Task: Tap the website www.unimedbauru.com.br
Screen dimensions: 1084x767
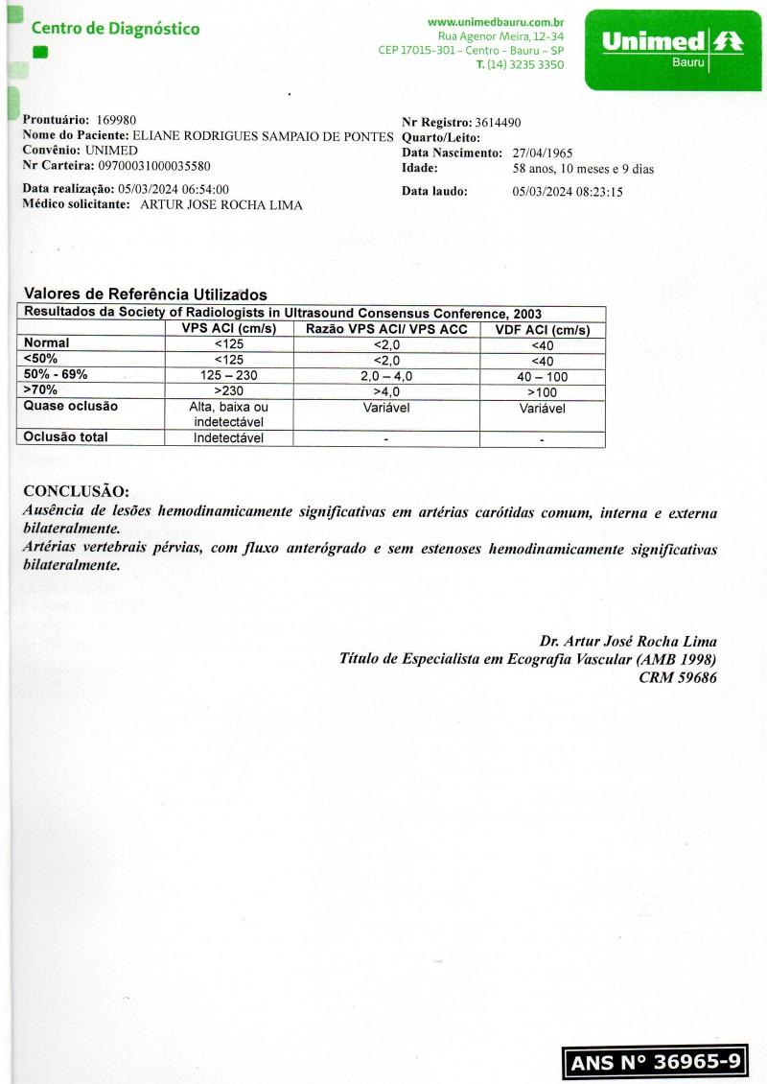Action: click(x=496, y=21)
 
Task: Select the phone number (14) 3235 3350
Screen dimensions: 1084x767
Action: click(x=525, y=64)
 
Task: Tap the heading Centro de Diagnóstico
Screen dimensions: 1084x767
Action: click(x=116, y=29)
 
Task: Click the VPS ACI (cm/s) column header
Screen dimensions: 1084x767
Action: click(x=229, y=329)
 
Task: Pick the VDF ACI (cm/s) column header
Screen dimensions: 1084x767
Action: click(x=542, y=330)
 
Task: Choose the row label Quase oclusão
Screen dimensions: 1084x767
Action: click(x=71, y=406)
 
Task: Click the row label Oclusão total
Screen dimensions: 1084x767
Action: click(x=66, y=437)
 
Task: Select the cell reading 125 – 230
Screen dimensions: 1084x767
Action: click(x=229, y=376)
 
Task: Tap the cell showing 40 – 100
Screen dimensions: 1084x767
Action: click(x=542, y=377)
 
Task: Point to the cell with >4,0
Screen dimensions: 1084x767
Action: click(x=385, y=391)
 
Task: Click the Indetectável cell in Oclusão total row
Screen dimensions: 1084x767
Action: click(x=229, y=438)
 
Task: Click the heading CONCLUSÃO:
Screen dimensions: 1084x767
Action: click(x=76, y=491)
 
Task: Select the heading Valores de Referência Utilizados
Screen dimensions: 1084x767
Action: click(x=145, y=295)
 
